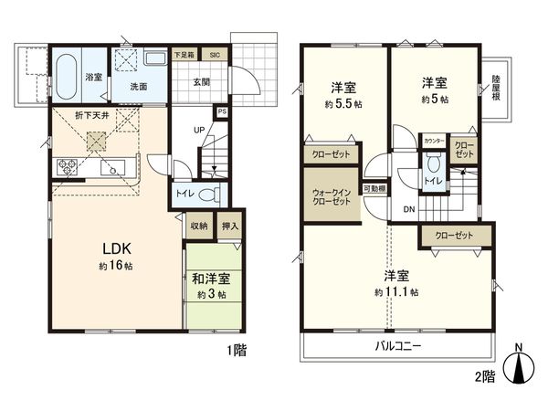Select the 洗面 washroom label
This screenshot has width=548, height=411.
pos(138,87)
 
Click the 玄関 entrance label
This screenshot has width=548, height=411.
pos(202,80)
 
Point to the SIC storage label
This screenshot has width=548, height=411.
pos(216,55)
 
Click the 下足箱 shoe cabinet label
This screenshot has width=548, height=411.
pos(185,55)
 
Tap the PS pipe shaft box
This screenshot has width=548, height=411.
pos(222,113)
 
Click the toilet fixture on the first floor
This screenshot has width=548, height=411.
pos(209,195)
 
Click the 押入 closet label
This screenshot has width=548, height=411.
pos(231,226)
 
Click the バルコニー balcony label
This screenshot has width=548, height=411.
pos(398,346)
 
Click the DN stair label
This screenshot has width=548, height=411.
pos(408,209)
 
